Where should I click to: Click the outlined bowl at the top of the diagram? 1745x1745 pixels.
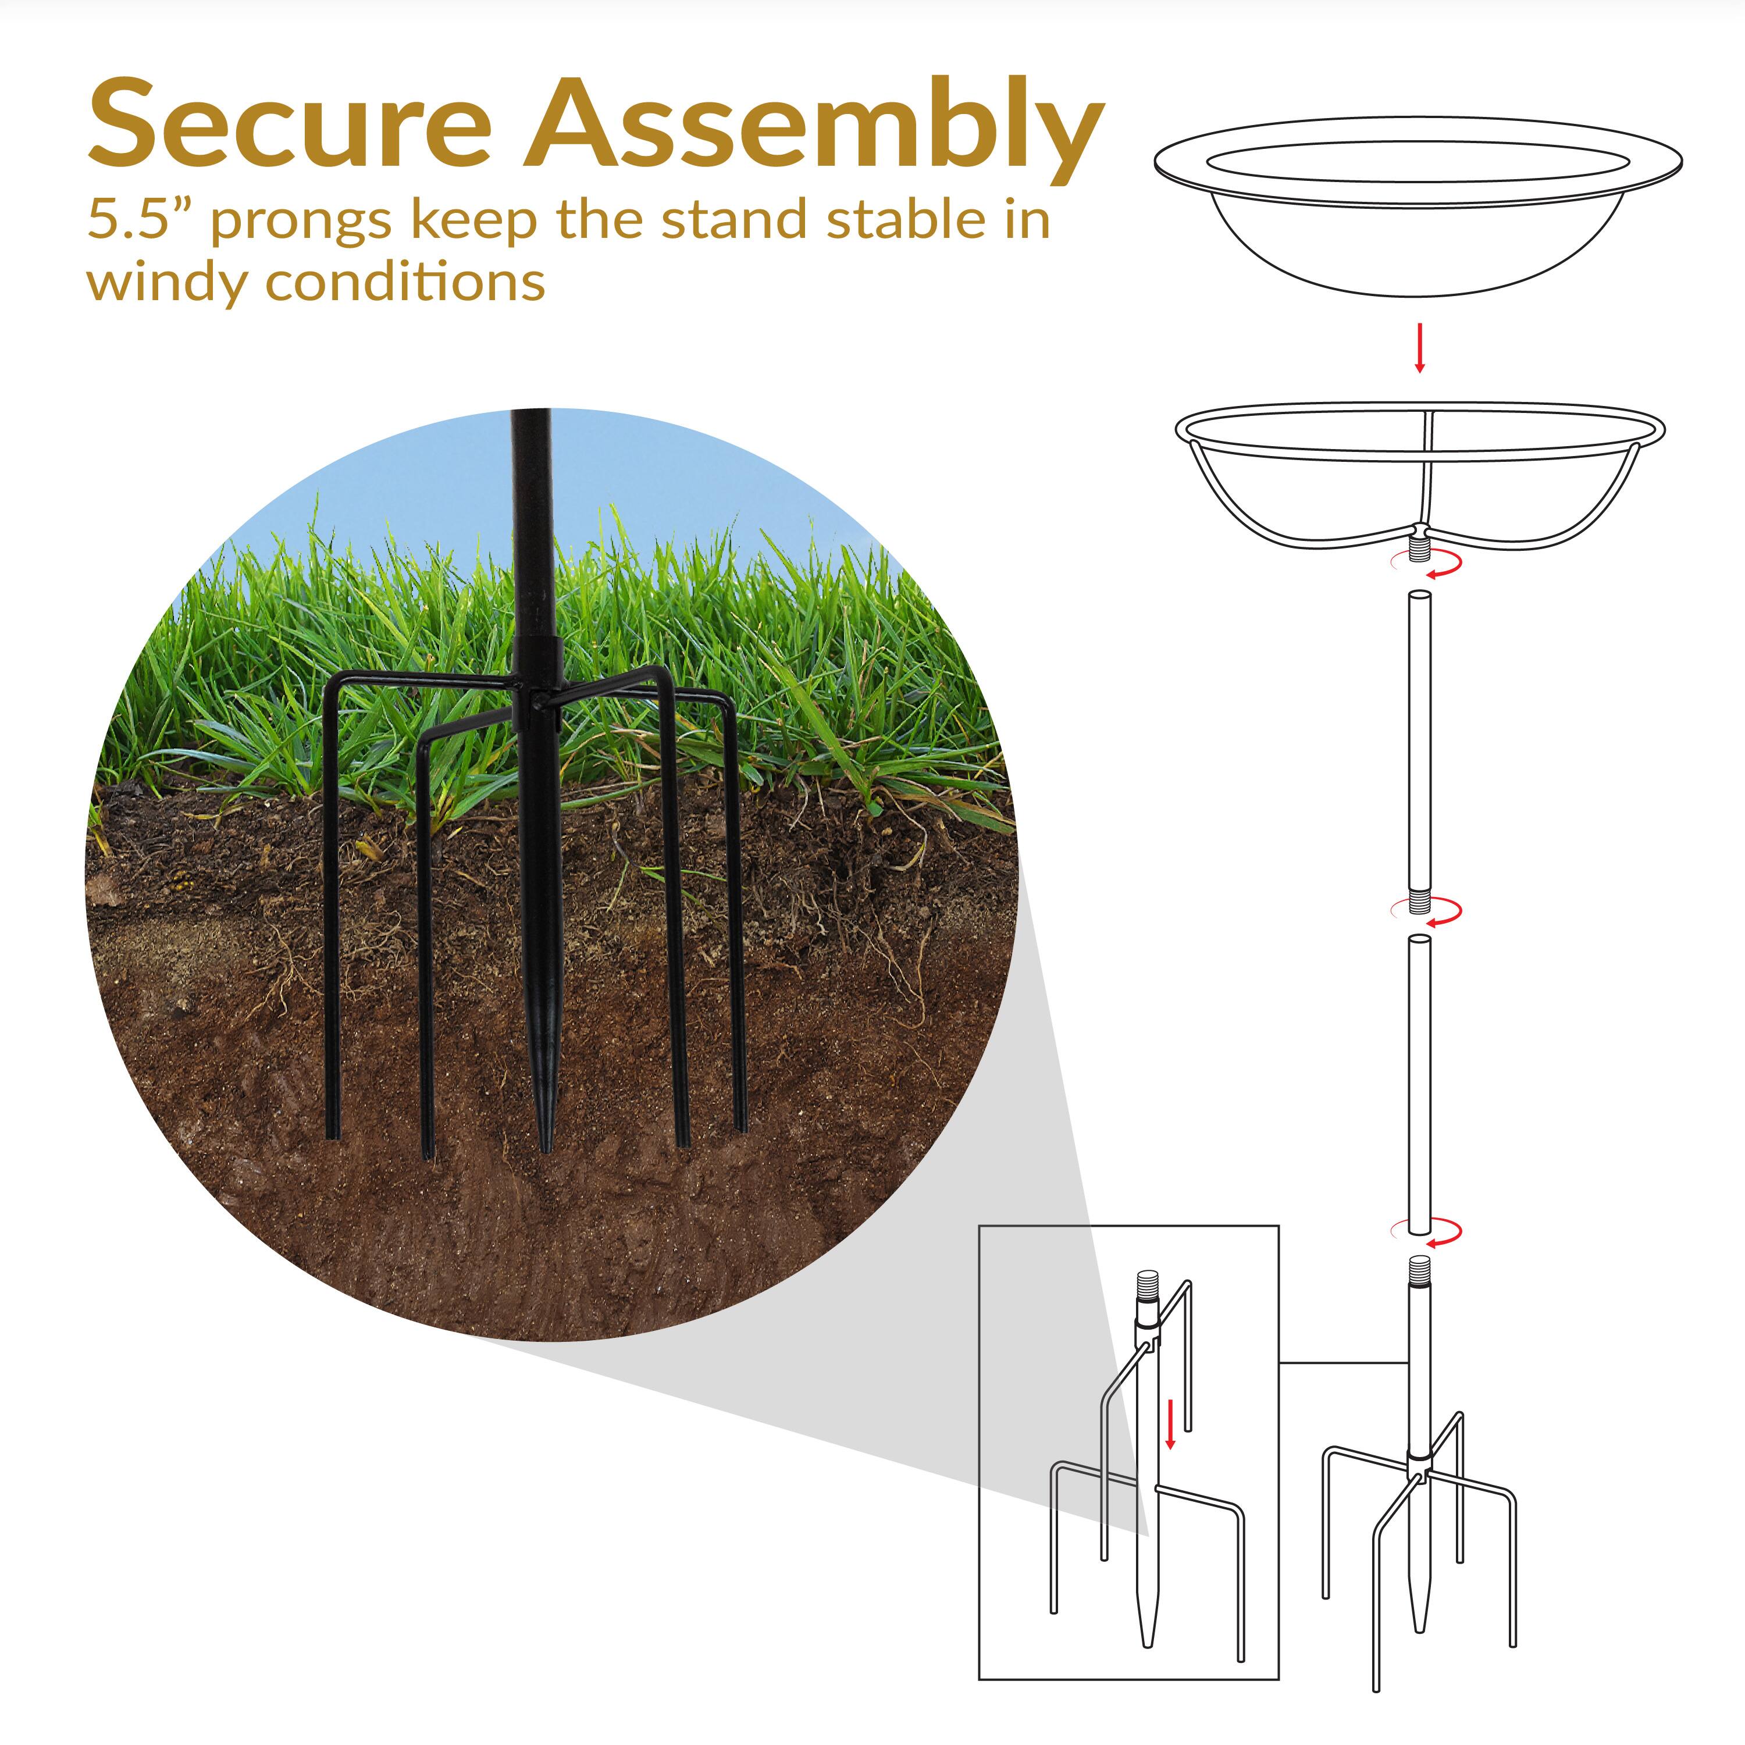(1418, 217)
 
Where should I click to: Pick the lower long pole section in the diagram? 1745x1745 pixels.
(1420, 1084)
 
